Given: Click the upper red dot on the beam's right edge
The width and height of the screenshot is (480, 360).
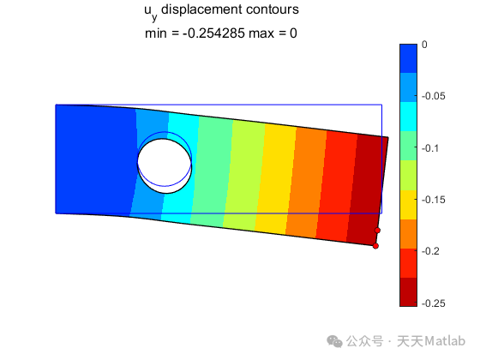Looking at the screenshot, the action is tap(377, 231).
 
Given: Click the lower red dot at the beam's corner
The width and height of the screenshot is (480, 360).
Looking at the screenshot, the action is tap(375, 246).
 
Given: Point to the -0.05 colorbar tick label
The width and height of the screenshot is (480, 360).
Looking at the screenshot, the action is tap(434, 96).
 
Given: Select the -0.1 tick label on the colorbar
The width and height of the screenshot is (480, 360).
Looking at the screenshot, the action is tap(430, 148).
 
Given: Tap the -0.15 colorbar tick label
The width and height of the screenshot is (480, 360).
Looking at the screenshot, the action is tap(434, 200).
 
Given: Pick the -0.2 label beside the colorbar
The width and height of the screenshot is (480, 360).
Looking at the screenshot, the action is tap(430, 251).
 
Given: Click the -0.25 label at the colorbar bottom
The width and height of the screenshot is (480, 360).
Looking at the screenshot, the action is tap(434, 303).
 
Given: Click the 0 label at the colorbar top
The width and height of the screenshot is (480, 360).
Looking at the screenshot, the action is tap(424, 45).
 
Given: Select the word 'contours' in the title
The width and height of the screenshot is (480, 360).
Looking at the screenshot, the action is tap(273, 9).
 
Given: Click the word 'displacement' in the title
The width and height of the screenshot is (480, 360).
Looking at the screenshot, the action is tap(201, 10).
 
